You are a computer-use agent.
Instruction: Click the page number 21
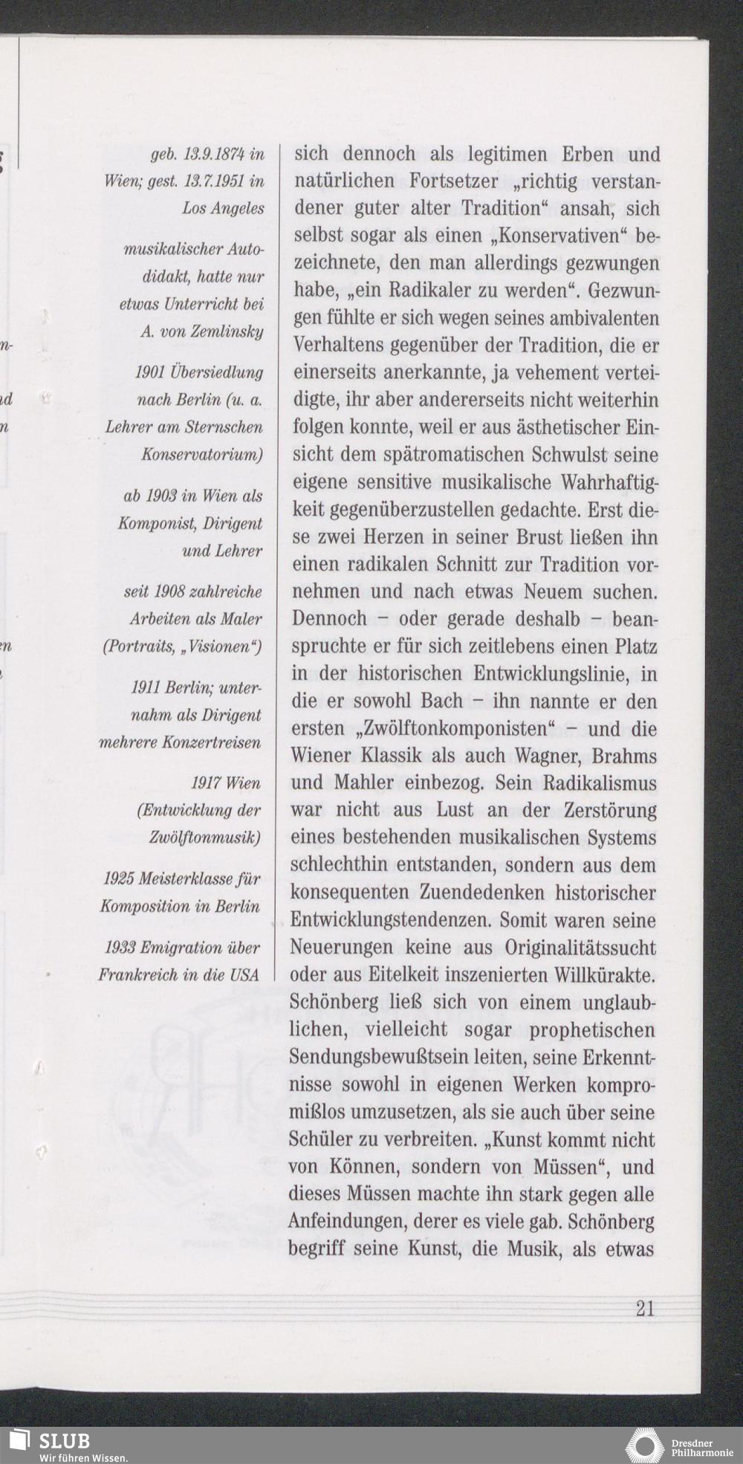pyautogui.click(x=645, y=1308)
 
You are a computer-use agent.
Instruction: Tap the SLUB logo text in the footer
pyautogui.click(x=64, y=1441)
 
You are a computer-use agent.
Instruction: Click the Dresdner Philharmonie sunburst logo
pyautogui.click(x=644, y=1445)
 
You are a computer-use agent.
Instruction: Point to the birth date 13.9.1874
pyautogui.click(x=210, y=155)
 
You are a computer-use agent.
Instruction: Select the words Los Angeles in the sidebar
pyautogui.click(x=224, y=209)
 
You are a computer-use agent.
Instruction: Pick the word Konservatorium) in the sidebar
pyautogui.click(x=203, y=453)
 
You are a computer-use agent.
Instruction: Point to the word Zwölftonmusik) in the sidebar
pyautogui.click(x=205, y=838)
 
